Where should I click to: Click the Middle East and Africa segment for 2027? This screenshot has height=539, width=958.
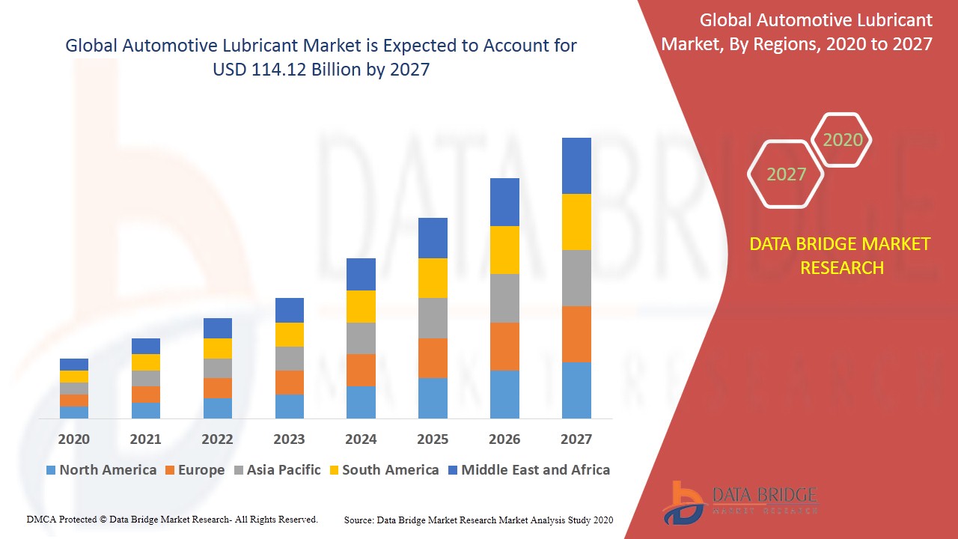pos(576,165)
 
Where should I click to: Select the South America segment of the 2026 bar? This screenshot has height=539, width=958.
pos(504,250)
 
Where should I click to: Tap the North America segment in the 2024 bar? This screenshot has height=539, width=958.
pos(361,402)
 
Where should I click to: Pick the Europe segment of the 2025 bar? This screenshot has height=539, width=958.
pos(433,358)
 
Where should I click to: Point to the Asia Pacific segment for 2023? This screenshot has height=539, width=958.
pos(290,359)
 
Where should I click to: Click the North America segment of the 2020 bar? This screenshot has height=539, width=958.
pos(74,412)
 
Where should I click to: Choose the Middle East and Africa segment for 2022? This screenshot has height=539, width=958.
pos(218,328)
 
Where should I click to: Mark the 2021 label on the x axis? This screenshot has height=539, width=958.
pos(145,439)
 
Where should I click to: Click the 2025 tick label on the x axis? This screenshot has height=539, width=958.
pos(433,439)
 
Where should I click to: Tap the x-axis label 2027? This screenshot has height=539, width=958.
pos(576,439)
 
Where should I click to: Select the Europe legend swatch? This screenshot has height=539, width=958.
pos(171,470)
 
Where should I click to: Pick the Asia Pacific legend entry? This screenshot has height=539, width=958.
pos(277,470)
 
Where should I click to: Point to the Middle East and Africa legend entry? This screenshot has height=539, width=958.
pos(528,470)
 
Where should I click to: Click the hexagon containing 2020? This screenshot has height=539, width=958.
pos(842,140)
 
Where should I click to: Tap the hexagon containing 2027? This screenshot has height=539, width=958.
pos(786,174)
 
